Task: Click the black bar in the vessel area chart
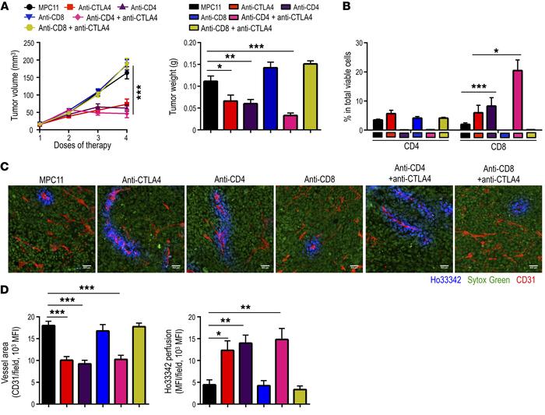tap(48, 350)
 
